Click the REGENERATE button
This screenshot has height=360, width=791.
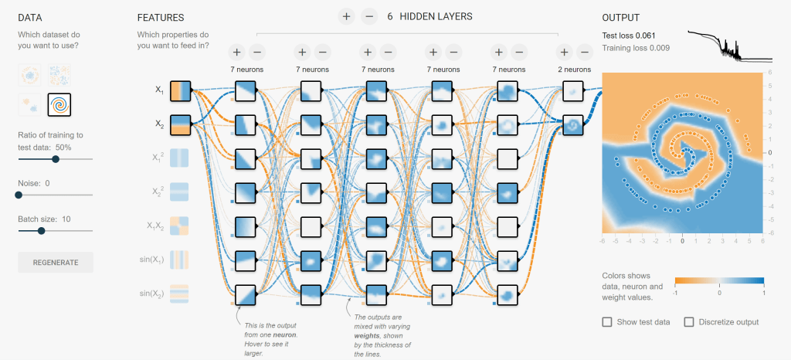[56, 262]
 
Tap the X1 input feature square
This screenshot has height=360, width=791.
[180, 90]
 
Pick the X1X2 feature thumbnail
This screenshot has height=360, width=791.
[180, 226]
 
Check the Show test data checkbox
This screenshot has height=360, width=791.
[607, 321]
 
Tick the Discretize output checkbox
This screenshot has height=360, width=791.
[690, 321]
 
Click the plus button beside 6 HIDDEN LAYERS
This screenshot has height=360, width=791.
[346, 15]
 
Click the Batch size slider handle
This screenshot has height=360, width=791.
[41, 230]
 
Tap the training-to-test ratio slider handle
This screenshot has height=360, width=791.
[56, 159]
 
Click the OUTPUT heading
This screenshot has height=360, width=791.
[621, 18]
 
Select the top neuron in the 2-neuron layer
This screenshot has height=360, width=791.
[573, 90]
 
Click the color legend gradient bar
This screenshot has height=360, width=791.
[718, 282]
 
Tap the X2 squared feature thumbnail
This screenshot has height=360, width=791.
[180, 192]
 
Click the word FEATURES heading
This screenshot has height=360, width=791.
[160, 18]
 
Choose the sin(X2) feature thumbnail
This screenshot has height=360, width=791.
[180, 293]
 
